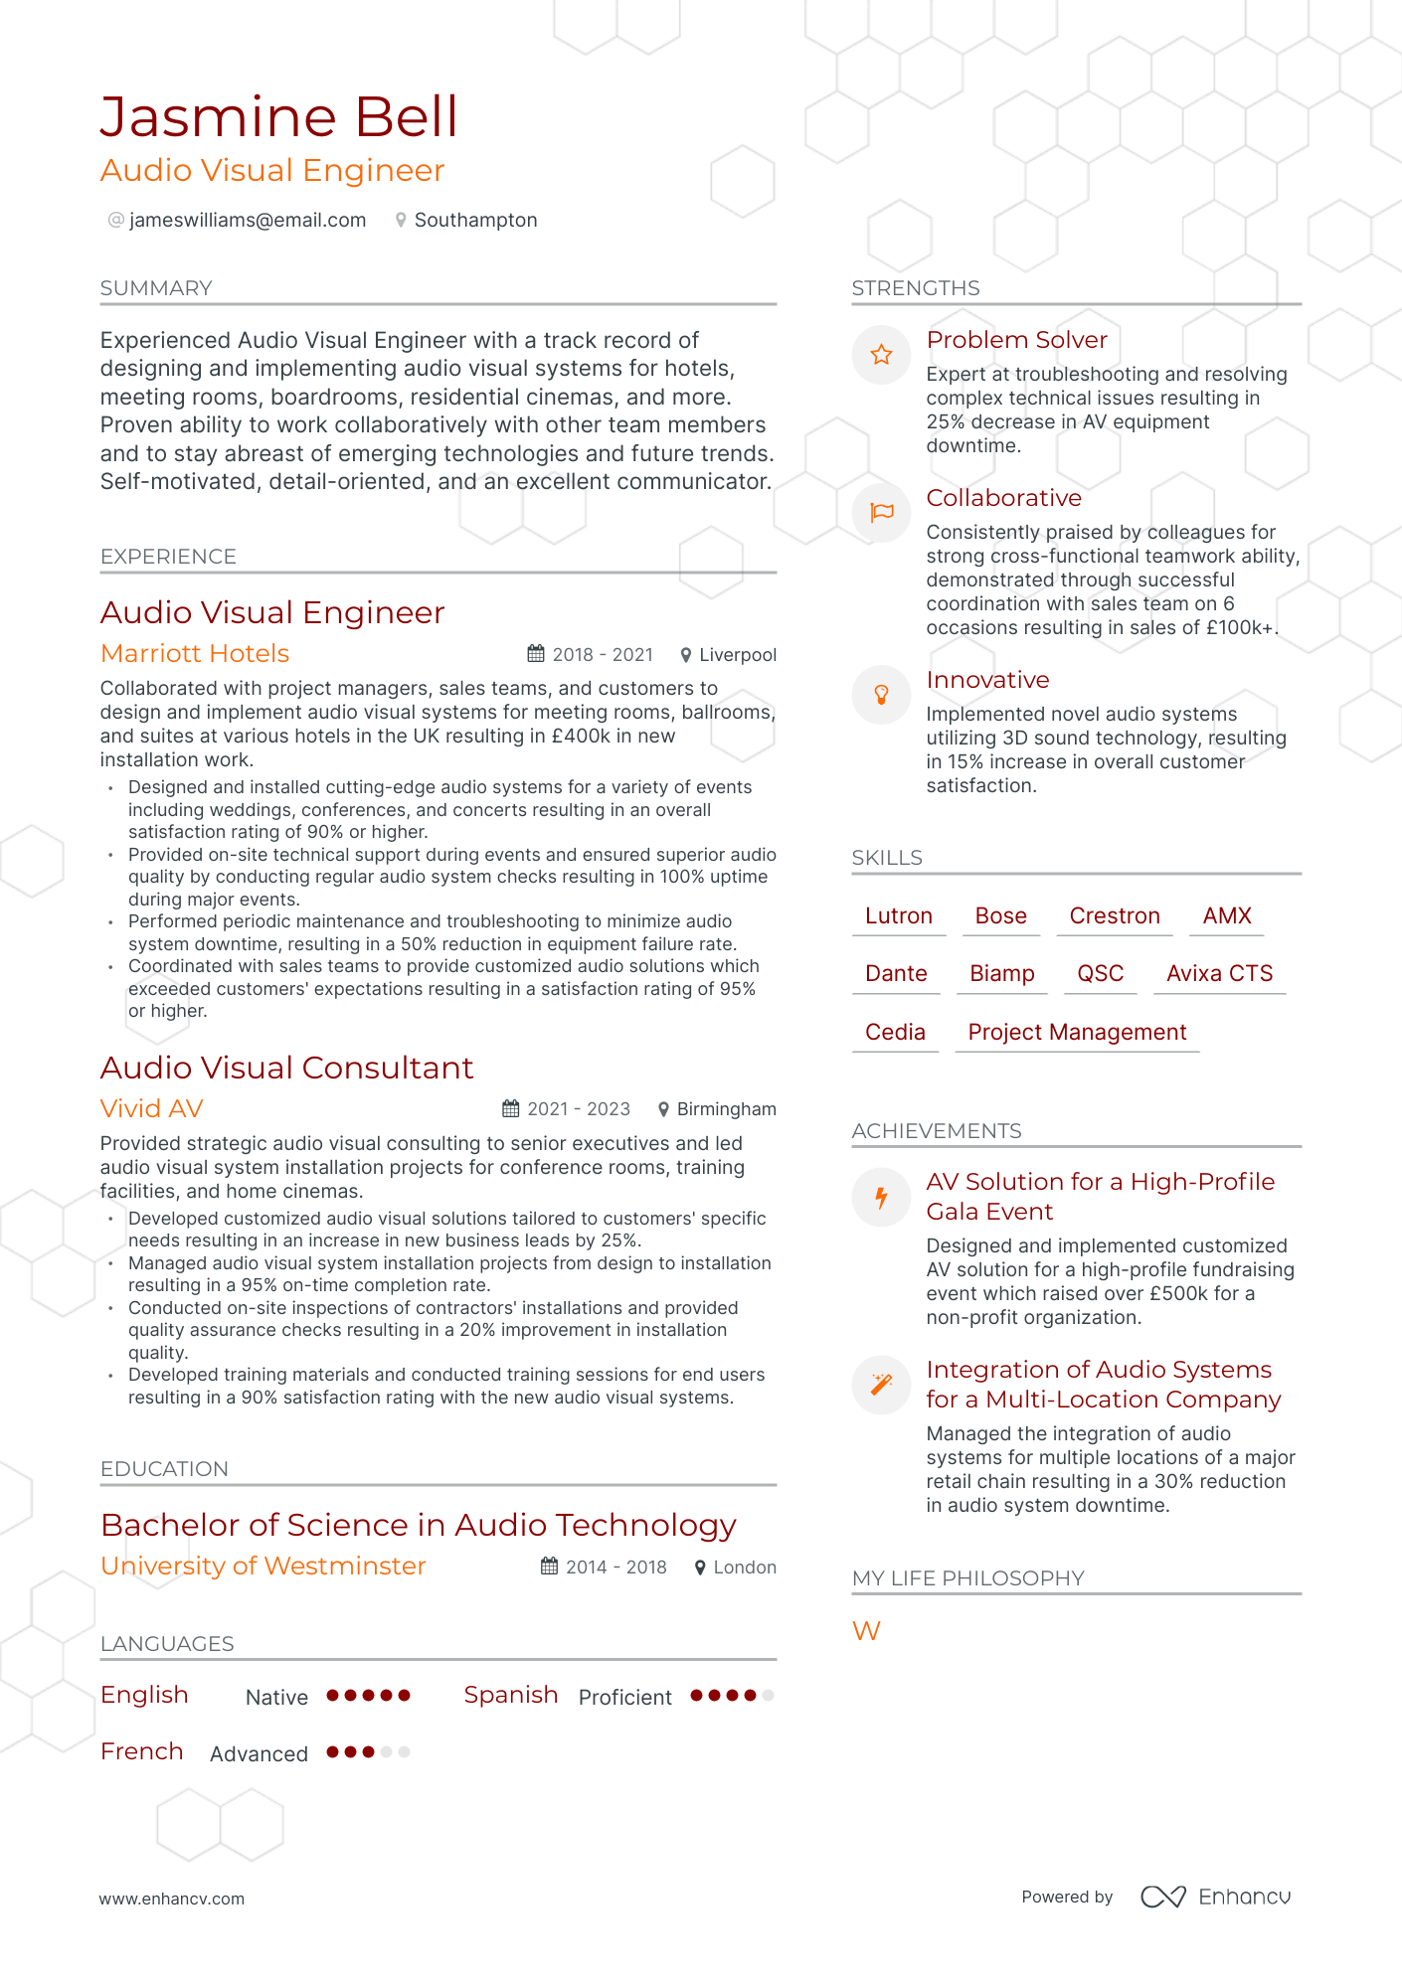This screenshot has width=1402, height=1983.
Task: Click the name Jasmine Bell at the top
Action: pyautogui.click(x=278, y=117)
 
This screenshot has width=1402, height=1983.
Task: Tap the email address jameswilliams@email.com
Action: pyautogui.click(x=247, y=220)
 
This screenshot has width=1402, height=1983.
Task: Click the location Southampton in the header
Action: pyautogui.click(x=475, y=220)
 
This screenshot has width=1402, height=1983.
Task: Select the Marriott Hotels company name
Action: pyautogui.click(x=195, y=653)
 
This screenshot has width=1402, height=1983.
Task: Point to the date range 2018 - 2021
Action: pyautogui.click(x=603, y=654)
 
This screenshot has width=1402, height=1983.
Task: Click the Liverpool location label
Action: pyautogui.click(x=738, y=655)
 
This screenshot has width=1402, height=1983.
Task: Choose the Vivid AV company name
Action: pyautogui.click(x=152, y=1108)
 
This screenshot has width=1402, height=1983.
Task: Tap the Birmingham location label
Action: pyautogui.click(x=726, y=1109)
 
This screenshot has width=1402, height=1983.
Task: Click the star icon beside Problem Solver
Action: pyautogui.click(x=881, y=355)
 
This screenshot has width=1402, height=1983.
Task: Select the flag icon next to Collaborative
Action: pyautogui.click(x=881, y=513)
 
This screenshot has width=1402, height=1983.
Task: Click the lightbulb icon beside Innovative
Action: pyautogui.click(x=881, y=695)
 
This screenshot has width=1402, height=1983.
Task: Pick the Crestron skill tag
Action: pyautogui.click(x=1115, y=915)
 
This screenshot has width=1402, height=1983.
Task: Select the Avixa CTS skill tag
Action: pyautogui.click(x=1219, y=973)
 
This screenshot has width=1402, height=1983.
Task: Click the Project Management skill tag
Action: pyautogui.click(x=1077, y=1032)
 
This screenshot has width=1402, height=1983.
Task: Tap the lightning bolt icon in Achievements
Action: pyautogui.click(x=881, y=1197)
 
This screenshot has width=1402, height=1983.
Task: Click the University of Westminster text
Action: pyautogui.click(x=263, y=1566)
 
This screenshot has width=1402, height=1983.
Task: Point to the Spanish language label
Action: pyautogui.click(x=510, y=1695)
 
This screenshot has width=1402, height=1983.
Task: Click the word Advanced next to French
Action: pyautogui.click(x=259, y=1753)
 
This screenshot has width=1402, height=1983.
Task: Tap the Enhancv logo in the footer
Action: pyautogui.click(x=1215, y=1897)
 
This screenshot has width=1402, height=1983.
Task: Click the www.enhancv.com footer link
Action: pyautogui.click(x=171, y=1899)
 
